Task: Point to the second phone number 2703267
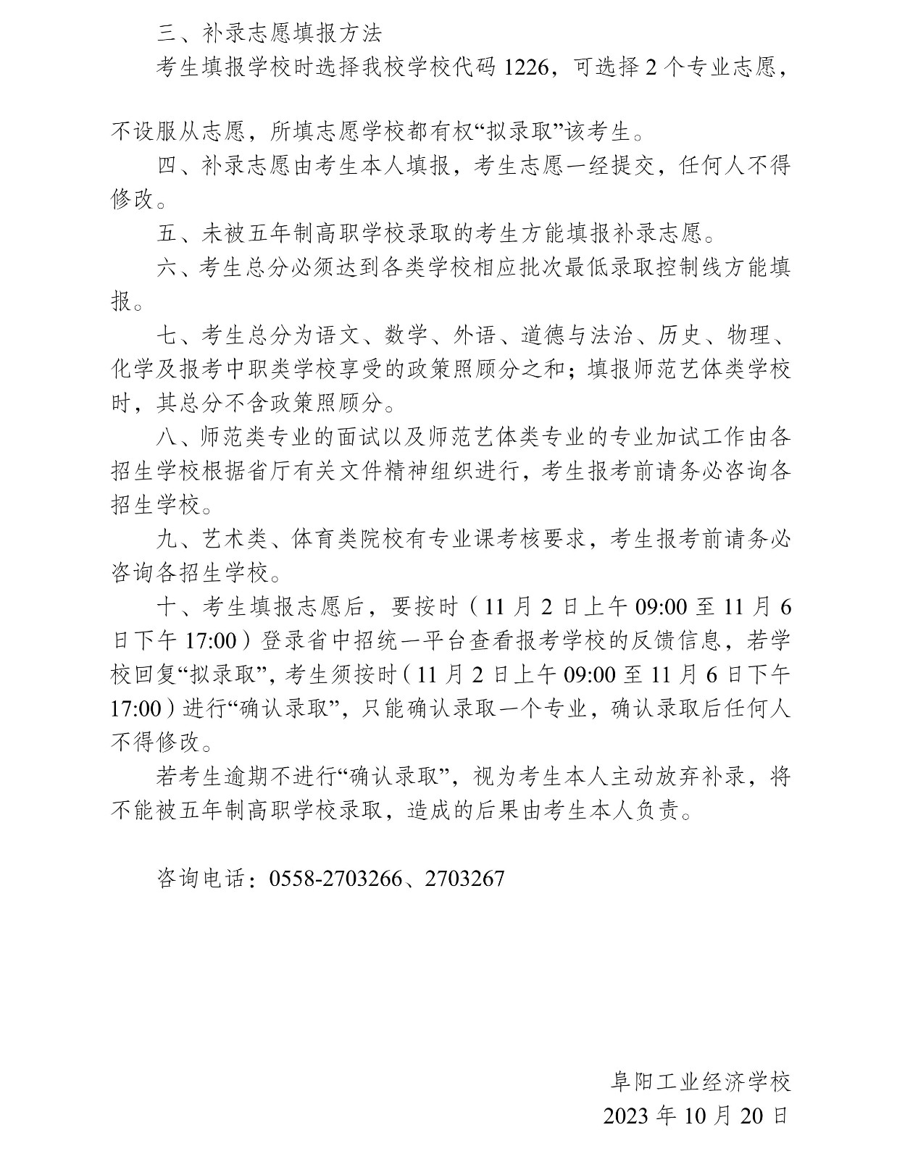pos(464,879)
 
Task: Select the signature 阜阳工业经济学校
pos(699,1081)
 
